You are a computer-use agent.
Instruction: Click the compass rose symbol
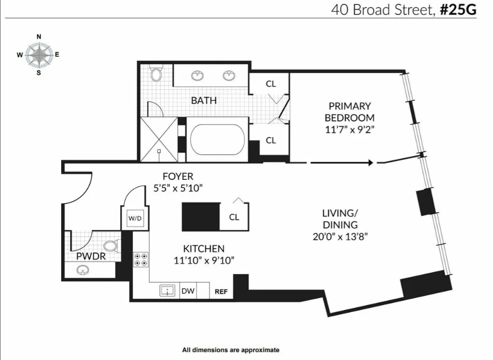(x=39, y=55)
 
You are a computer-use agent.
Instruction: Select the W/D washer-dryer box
(x=135, y=218)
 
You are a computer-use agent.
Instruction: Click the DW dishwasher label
(x=188, y=291)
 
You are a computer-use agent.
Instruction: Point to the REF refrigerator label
(x=221, y=292)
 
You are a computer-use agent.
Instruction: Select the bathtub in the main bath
(x=218, y=140)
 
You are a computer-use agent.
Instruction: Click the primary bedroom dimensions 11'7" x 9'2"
(x=349, y=130)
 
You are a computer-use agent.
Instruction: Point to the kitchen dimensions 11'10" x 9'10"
(x=204, y=259)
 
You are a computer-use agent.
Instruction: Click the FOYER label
(x=178, y=176)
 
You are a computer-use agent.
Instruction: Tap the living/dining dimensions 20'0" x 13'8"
(x=340, y=237)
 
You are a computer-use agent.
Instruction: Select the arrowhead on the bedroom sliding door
(x=370, y=162)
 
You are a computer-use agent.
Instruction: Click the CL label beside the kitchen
(x=234, y=217)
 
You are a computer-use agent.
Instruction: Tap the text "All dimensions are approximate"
(x=231, y=350)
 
